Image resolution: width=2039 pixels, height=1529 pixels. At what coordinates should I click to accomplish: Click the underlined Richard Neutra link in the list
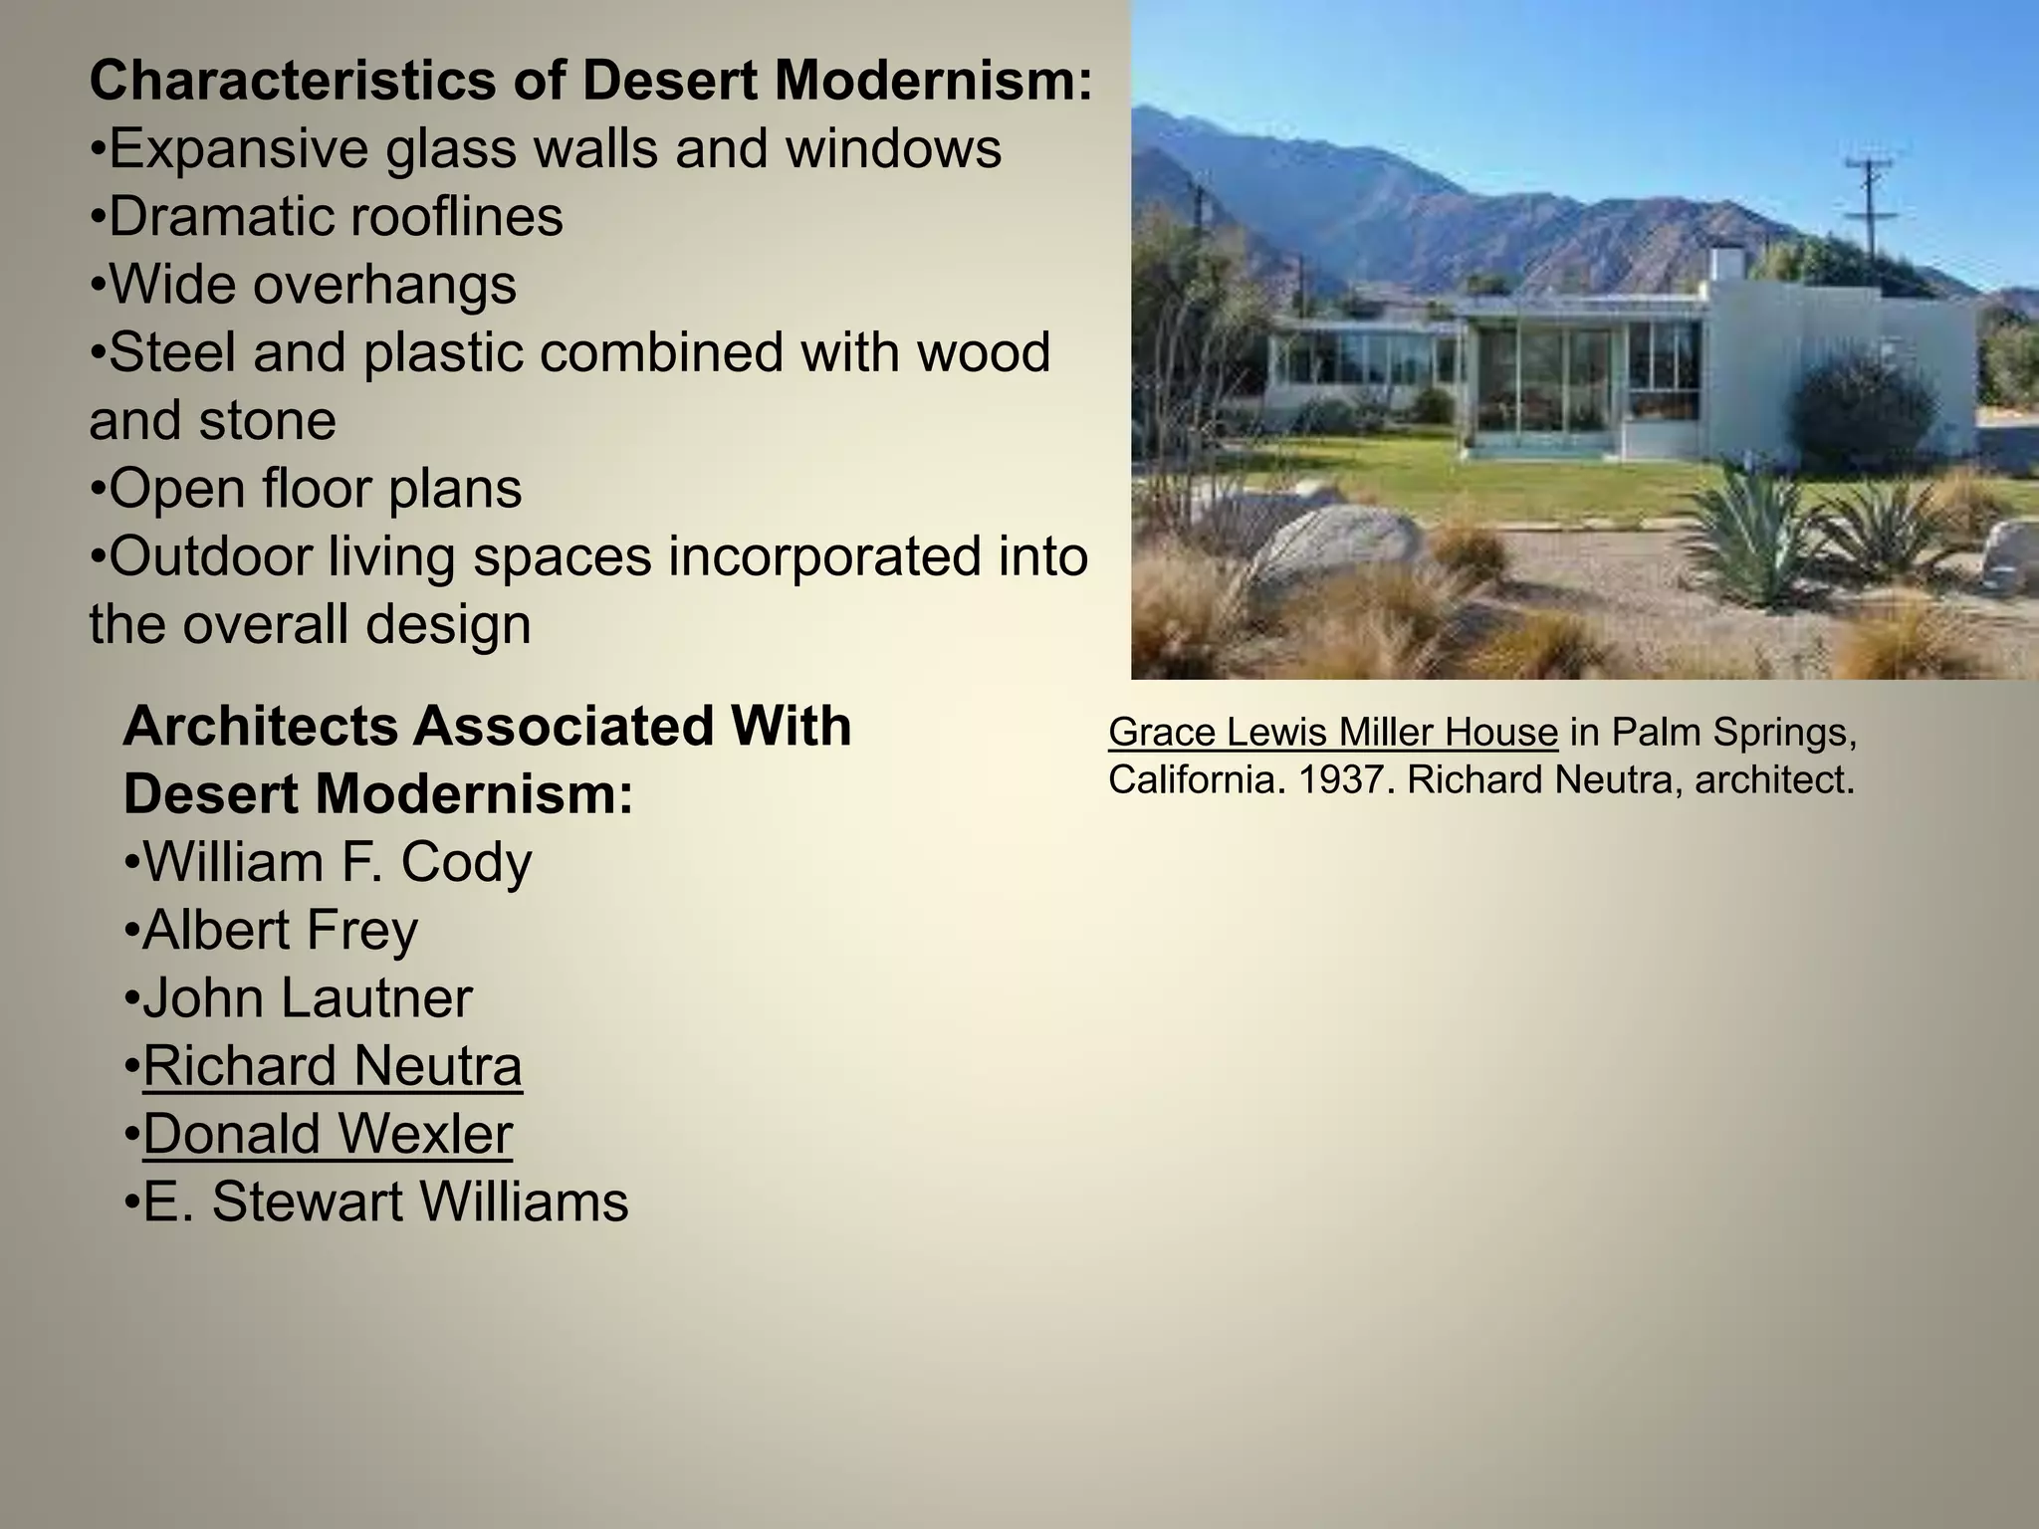pyautogui.click(x=333, y=1066)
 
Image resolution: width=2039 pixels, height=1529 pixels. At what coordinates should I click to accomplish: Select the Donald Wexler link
pyautogui.click(x=328, y=1134)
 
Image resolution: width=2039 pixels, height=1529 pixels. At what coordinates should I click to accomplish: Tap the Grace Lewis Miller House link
pyautogui.click(x=1332, y=733)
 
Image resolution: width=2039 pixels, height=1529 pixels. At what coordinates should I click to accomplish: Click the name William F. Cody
pyautogui.click(x=338, y=862)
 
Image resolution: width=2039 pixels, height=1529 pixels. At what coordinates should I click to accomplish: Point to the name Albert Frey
pyautogui.click(x=280, y=930)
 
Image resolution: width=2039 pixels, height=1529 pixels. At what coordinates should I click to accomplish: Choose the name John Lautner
pyautogui.click(x=308, y=998)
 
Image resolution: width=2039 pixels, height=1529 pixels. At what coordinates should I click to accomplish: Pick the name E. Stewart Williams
pyautogui.click(x=386, y=1201)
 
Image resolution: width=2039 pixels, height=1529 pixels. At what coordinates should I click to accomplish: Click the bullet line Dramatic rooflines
pyautogui.click(x=336, y=217)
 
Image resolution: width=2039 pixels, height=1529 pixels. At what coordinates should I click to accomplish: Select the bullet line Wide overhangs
pyautogui.click(x=313, y=285)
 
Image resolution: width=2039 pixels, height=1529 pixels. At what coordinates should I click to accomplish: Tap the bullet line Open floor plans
pyautogui.click(x=315, y=489)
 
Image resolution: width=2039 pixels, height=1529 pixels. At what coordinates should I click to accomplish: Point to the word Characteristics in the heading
pyautogui.click(x=292, y=81)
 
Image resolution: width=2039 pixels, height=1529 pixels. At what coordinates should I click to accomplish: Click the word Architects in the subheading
pyautogui.click(x=261, y=727)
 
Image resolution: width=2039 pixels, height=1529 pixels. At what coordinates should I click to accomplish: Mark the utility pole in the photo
pyautogui.click(x=1870, y=209)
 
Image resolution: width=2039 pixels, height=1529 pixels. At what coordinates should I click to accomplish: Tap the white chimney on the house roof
pyautogui.click(x=1727, y=264)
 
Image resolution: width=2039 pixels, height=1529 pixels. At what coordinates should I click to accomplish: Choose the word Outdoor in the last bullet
pyautogui.click(x=210, y=556)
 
